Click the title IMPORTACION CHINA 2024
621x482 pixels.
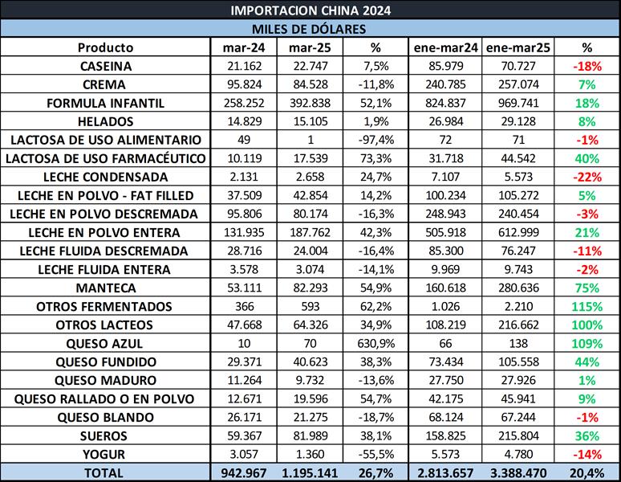coord(310,10)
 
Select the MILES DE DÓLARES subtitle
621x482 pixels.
coord(310,29)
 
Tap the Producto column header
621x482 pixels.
coord(106,47)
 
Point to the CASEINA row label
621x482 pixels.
coord(106,66)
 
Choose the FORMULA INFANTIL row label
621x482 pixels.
coord(106,103)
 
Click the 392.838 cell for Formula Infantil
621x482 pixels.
coord(309,103)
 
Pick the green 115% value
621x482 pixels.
coord(586,306)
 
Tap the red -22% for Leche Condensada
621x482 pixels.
coord(586,177)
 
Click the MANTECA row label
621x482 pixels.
coord(106,288)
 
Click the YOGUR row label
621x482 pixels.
coord(106,454)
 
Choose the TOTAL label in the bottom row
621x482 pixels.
coord(106,472)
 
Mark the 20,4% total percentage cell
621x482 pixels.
coord(586,472)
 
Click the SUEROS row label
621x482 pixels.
coord(106,435)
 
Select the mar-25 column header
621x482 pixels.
coord(309,47)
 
